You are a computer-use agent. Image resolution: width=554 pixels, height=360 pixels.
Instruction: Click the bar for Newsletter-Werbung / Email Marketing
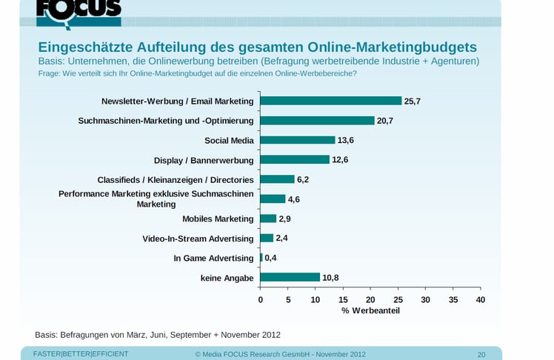coord(330,101)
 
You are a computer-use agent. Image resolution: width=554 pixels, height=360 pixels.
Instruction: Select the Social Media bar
coord(297,140)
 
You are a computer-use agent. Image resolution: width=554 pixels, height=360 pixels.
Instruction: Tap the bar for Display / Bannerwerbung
coord(294,159)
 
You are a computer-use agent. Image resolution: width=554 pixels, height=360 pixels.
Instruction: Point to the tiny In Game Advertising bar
coord(261,258)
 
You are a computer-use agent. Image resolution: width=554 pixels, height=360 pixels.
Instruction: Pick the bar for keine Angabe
coord(290,277)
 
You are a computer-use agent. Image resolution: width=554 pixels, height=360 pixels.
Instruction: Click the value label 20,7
coord(384,121)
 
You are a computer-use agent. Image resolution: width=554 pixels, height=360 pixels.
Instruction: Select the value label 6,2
coord(303,179)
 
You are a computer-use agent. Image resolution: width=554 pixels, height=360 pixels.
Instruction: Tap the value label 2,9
coord(285,219)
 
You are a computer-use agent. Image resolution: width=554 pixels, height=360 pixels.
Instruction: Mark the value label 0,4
coord(271,258)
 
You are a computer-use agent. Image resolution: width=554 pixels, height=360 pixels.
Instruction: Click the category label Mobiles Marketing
coord(218,219)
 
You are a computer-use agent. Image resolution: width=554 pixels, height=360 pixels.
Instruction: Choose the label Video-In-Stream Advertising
coord(198,239)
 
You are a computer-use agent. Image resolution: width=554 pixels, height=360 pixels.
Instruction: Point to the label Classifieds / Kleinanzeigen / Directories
coord(176,179)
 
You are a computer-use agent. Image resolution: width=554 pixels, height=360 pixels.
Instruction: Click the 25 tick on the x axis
coord(398,299)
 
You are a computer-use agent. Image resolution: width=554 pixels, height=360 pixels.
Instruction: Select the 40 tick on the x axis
coord(481,299)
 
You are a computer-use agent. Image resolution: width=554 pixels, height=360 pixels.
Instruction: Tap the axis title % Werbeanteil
coord(370,310)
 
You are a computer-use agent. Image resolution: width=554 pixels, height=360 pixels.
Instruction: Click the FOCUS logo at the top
coord(79,10)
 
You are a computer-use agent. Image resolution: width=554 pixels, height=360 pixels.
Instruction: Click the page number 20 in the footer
coord(481,354)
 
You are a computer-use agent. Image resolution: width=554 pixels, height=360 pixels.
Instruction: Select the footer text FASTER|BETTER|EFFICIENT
coord(81,354)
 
